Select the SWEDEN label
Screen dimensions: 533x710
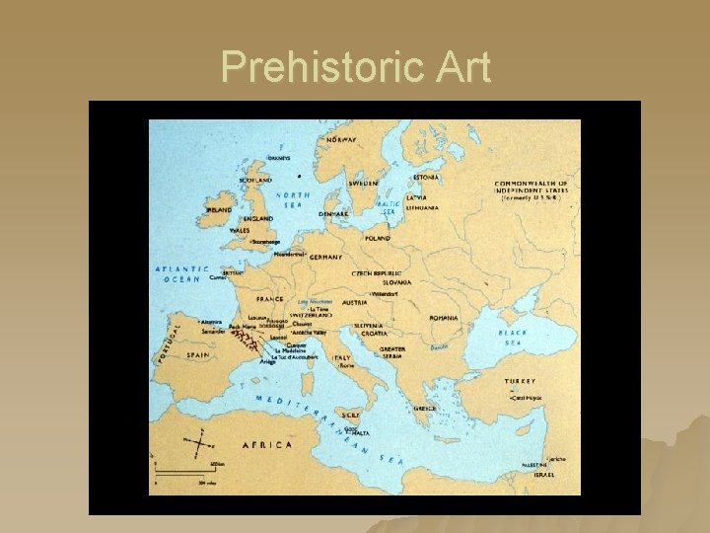(363, 183)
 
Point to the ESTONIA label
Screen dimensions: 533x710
(426, 178)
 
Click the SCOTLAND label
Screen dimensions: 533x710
(255, 181)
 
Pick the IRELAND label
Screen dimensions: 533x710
(219, 209)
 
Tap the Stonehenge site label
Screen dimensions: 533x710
(267, 241)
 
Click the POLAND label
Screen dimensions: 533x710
(378, 238)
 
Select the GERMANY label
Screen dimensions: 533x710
(325, 257)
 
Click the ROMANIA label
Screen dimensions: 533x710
(443, 318)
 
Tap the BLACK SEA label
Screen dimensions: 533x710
(512, 338)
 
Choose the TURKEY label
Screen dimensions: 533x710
(520, 380)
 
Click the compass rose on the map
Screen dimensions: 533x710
(197, 437)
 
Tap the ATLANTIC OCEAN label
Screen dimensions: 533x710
(182, 273)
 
